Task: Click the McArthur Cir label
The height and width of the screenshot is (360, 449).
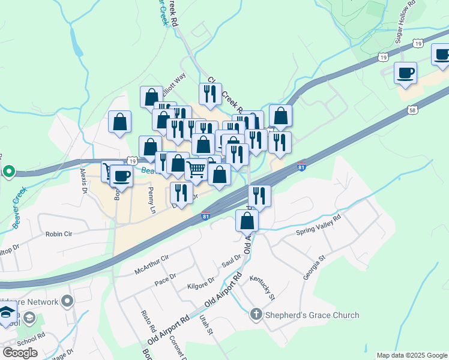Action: (x=152, y=263)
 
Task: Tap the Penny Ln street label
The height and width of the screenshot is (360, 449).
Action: (x=152, y=200)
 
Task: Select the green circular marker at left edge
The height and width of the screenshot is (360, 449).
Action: (x=8, y=172)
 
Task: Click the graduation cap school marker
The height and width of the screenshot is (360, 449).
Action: (x=7, y=313)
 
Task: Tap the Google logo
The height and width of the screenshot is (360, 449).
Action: (x=20, y=352)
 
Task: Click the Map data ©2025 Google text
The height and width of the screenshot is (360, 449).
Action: (x=411, y=355)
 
